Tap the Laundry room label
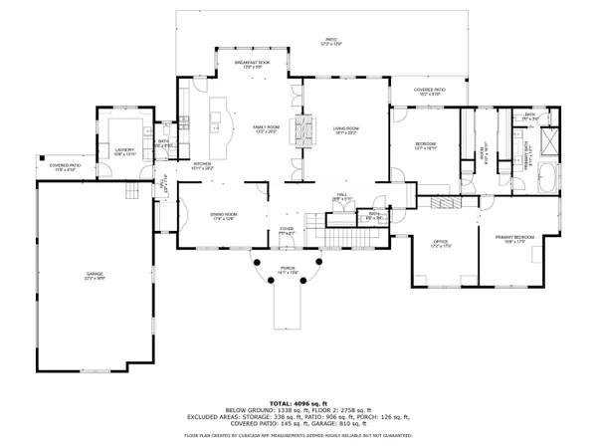(x=123, y=151)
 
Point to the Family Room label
(x=266, y=129)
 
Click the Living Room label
(x=345, y=129)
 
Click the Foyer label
(x=287, y=230)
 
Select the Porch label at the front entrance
(x=288, y=272)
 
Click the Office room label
(x=441, y=244)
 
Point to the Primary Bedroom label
(x=514, y=238)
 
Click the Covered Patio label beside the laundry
(x=66, y=167)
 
